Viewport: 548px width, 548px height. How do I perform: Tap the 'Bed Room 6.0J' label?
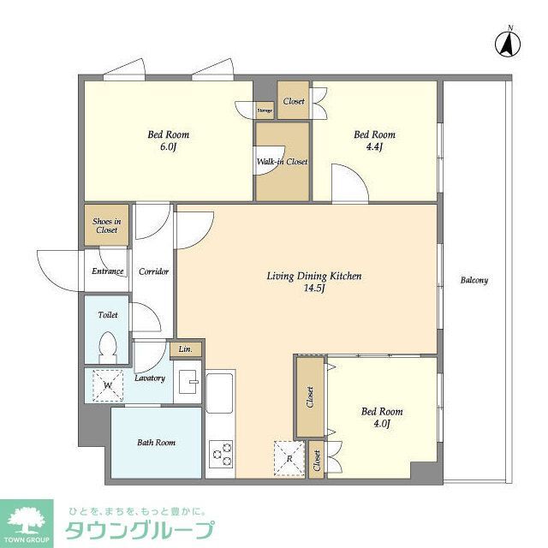[168, 140]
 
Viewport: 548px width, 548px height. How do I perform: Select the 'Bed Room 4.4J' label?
[374, 140]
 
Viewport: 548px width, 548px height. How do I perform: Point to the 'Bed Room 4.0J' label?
[381, 417]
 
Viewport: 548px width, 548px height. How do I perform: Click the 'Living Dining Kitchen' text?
[313, 276]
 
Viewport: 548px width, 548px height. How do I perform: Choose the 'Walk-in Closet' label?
[282, 161]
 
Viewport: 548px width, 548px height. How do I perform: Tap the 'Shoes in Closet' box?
[106, 225]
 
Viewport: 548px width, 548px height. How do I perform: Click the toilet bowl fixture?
[109, 349]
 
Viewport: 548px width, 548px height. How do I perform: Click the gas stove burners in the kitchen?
[220, 454]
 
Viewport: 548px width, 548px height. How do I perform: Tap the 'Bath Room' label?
[156, 443]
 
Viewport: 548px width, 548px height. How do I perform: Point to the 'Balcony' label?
[474, 280]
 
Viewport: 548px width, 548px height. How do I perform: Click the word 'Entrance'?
[108, 271]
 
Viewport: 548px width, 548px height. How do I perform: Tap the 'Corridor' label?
[153, 271]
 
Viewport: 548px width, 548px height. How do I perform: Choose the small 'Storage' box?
[265, 110]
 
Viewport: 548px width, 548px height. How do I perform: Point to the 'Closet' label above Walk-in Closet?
[294, 101]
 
